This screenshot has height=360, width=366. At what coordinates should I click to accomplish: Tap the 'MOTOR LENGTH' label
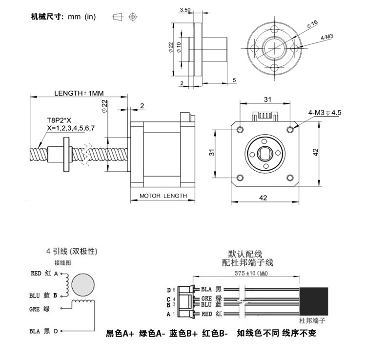(163, 196)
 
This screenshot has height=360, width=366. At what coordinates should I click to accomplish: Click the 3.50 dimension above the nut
(185, 9)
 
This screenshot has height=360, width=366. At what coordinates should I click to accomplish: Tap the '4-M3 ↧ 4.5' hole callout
(325, 113)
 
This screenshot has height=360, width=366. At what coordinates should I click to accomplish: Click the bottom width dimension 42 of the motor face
(263, 198)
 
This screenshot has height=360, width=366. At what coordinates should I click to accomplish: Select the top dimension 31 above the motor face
(267, 100)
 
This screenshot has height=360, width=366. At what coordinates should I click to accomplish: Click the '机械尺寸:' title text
(48, 17)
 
